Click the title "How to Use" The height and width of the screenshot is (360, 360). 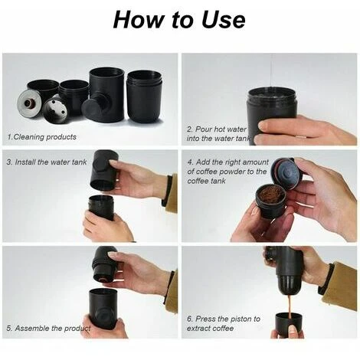click(179, 20)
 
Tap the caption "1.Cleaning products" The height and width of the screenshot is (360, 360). click(42, 137)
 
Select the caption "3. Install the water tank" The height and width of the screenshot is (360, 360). click(47, 162)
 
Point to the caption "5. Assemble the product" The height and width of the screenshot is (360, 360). click(48, 328)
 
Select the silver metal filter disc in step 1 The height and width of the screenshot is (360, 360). click(30, 103)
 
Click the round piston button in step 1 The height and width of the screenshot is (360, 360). click(93, 110)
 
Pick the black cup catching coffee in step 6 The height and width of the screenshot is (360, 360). click(289, 325)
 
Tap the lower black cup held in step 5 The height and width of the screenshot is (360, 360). click(103, 308)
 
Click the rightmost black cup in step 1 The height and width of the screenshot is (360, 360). click(145, 97)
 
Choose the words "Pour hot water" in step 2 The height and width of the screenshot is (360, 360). click(216, 129)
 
